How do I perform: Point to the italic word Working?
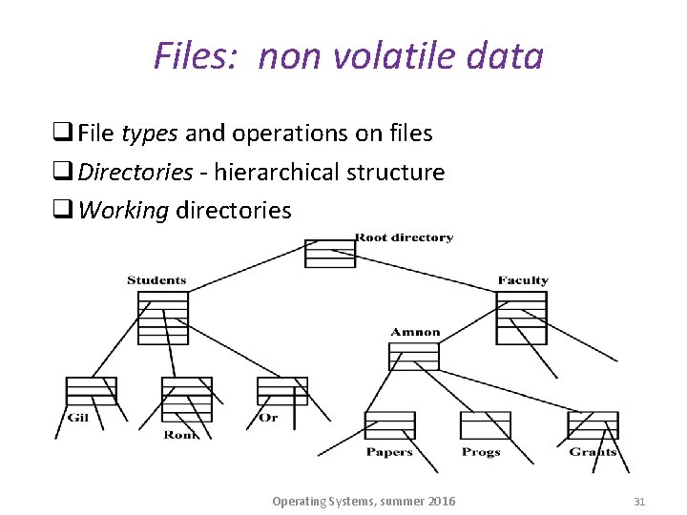pos(123,210)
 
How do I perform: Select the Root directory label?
pos(404,237)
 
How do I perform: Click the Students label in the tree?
pos(156,280)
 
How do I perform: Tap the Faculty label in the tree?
pos(523,280)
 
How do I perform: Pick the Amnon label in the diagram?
pos(415,333)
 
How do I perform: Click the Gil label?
pos(77,418)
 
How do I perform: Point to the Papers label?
pos(389,452)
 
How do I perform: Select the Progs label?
pos(481,452)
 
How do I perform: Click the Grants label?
pos(593,452)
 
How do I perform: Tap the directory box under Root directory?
pos(329,254)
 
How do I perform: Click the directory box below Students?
pos(163,318)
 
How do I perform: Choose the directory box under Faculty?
pos(521,318)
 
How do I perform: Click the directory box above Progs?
pos(485,425)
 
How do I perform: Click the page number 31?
pos(639,501)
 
